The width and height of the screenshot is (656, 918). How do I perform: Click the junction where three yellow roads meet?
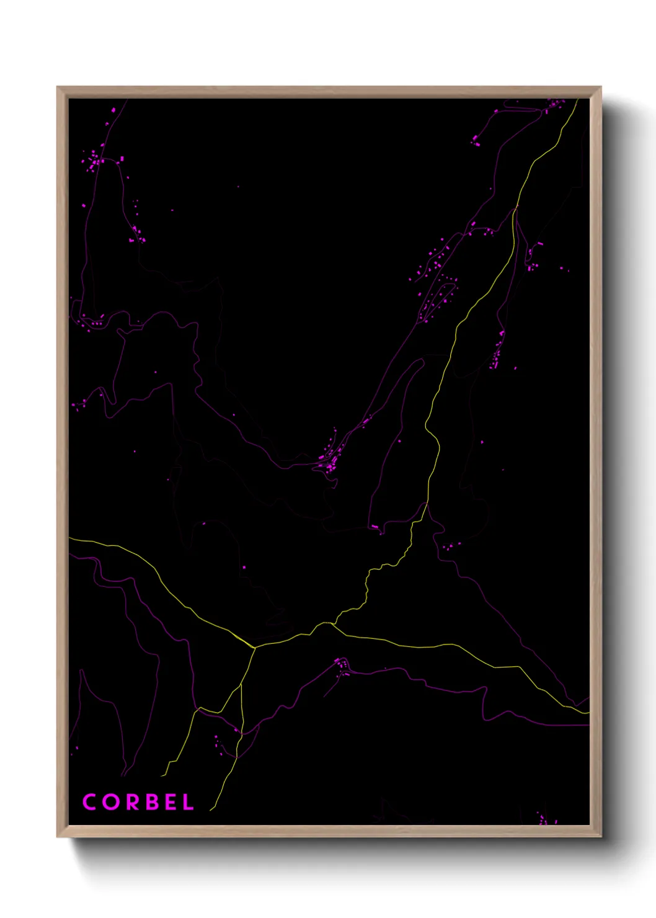tap(254, 648)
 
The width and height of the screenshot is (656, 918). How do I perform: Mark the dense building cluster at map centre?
tap(329, 460)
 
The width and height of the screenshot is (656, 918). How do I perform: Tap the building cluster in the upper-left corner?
tap(95, 161)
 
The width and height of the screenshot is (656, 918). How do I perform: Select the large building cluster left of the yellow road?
tap(437, 285)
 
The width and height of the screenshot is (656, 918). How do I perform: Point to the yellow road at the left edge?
tap(71, 538)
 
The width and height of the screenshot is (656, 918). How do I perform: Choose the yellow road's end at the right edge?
tap(587, 713)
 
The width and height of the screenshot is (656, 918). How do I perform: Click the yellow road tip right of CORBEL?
tap(211, 809)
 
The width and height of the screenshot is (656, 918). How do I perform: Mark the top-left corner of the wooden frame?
tap(58, 88)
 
